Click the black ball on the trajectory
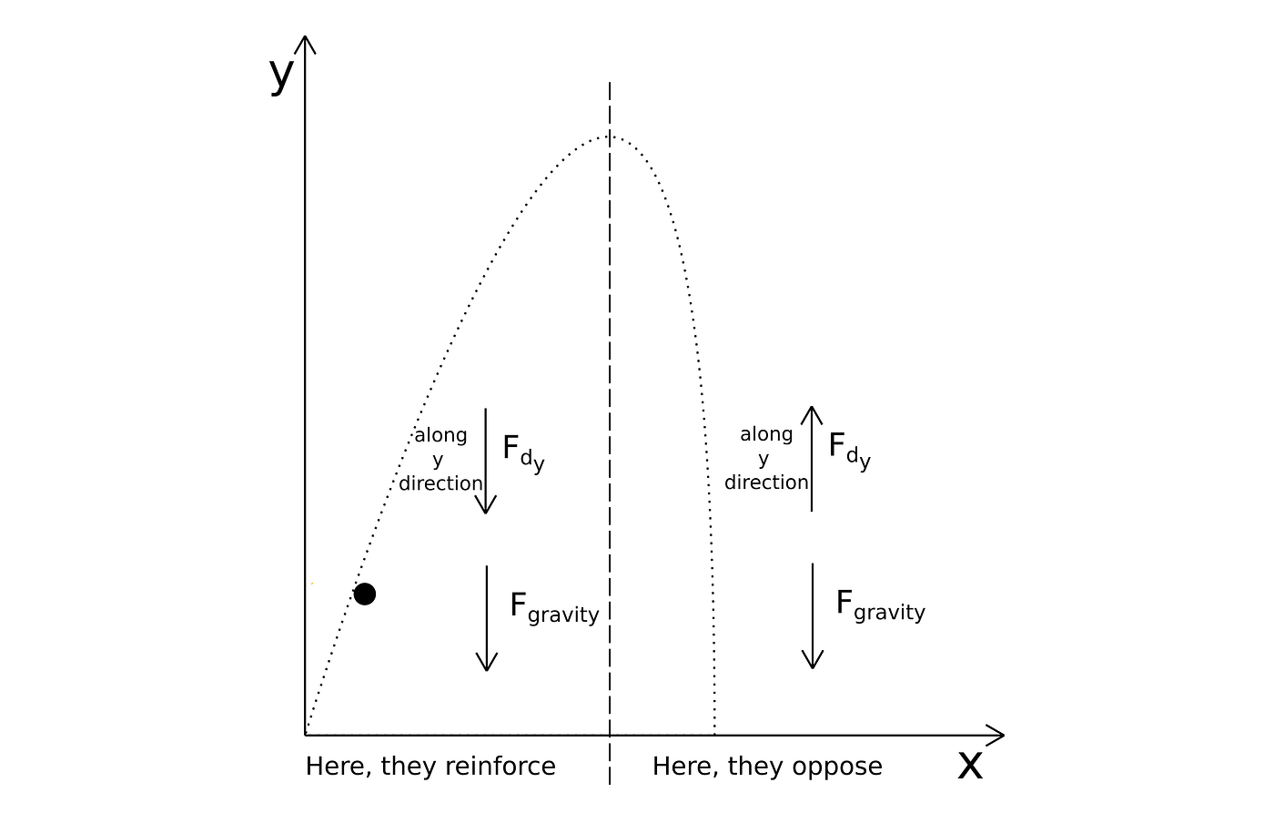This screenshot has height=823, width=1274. click(365, 594)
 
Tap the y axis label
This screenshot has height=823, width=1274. click(281, 76)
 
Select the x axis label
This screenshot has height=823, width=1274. click(970, 766)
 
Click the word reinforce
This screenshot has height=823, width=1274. click(500, 767)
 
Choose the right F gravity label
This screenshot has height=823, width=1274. click(880, 606)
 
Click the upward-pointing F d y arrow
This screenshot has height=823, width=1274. click(812, 459)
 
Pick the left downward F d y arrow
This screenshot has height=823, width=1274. click(486, 461)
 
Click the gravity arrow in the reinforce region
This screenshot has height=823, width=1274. click(487, 618)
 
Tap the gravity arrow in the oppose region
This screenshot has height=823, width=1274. click(813, 615)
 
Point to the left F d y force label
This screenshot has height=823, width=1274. click(523, 453)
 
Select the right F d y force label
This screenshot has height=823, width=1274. click(849, 452)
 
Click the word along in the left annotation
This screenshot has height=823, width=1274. click(440, 436)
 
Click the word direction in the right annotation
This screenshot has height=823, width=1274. click(766, 483)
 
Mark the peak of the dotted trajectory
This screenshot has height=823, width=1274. click(609, 137)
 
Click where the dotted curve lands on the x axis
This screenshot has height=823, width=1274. click(715, 735)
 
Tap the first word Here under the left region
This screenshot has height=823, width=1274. click(339, 767)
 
